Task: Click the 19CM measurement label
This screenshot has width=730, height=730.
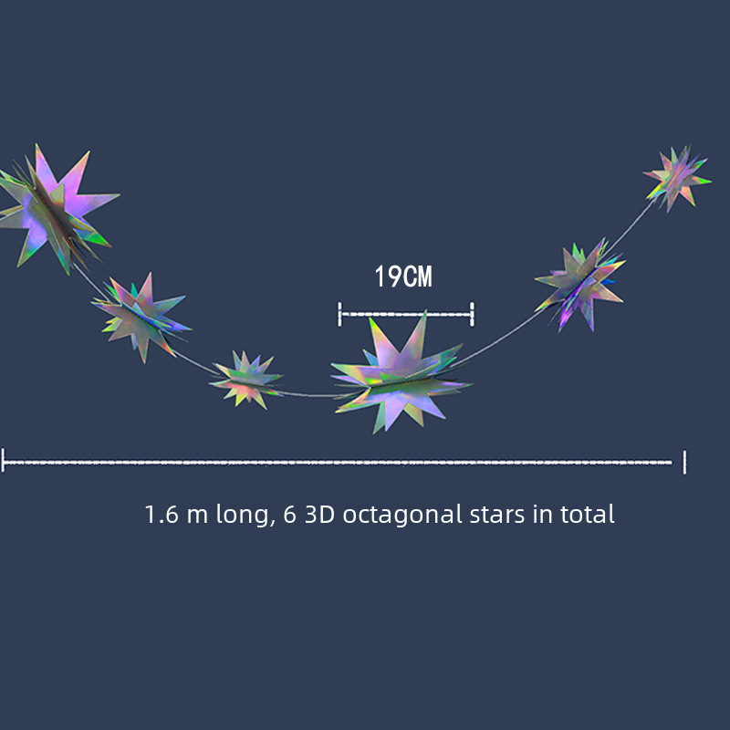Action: (403, 276)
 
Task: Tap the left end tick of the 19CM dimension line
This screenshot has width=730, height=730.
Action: (339, 314)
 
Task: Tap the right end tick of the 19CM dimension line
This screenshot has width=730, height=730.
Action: (472, 314)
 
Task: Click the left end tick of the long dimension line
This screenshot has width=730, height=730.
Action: (3, 461)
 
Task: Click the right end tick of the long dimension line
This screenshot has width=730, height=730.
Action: (684, 462)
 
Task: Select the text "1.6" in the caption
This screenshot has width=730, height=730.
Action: (162, 515)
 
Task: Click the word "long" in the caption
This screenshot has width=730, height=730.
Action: (242, 516)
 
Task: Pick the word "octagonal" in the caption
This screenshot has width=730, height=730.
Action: (402, 516)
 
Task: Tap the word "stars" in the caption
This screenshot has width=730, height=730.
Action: (497, 515)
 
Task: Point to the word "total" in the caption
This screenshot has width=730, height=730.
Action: (587, 514)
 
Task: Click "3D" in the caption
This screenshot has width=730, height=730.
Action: (320, 515)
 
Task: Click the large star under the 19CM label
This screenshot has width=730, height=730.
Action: (401, 373)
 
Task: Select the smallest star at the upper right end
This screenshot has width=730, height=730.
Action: (677, 179)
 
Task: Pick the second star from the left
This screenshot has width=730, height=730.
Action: (141, 317)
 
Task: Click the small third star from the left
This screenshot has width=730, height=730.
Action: (245, 380)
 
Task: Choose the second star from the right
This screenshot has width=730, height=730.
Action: (580, 286)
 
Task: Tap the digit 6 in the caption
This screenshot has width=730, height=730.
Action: (289, 515)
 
